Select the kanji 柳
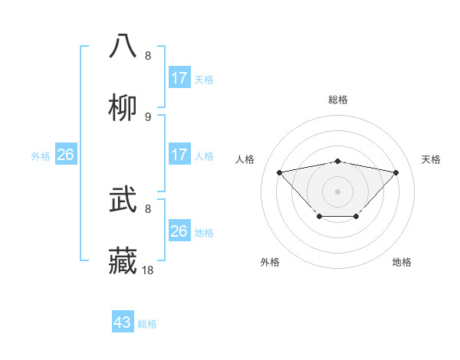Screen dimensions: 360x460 (x=123, y=106)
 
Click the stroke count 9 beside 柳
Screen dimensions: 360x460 (x=148, y=116)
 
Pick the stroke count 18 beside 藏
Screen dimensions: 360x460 (x=149, y=270)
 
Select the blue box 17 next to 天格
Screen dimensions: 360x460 (x=179, y=78)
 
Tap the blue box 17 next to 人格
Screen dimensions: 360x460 (x=179, y=155)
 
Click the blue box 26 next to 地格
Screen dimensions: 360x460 (x=179, y=231)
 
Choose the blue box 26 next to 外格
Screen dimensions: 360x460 (x=65, y=155)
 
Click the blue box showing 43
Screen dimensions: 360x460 (x=122, y=322)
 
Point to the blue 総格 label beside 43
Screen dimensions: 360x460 (x=148, y=324)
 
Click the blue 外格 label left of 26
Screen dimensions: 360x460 (x=41, y=156)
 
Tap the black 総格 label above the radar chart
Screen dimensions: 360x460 (x=338, y=100)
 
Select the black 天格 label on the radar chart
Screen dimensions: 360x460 (x=432, y=159)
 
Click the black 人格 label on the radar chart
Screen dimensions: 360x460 (x=245, y=159)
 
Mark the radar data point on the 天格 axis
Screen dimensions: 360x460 (x=396, y=172)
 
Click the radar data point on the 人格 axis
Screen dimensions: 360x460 (x=280, y=172)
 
